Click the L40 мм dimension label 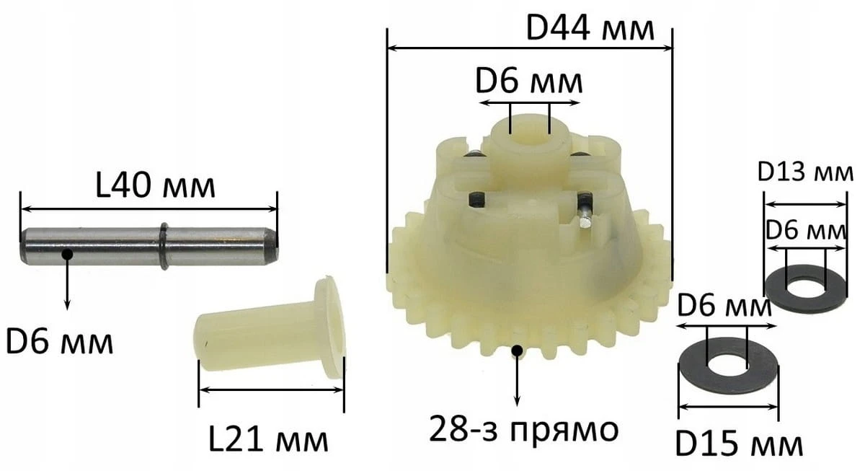[x=155, y=188]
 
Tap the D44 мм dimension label [x=590, y=29]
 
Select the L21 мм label [x=268, y=440]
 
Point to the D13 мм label [x=805, y=172]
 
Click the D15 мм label [x=739, y=445]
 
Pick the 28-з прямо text [x=524, y=430]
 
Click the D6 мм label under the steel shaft [x=59, y=343]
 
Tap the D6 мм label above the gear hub [x=528, y=82]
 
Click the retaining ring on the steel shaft [x=164, y=246]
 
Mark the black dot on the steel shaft [x=67, y=254]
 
